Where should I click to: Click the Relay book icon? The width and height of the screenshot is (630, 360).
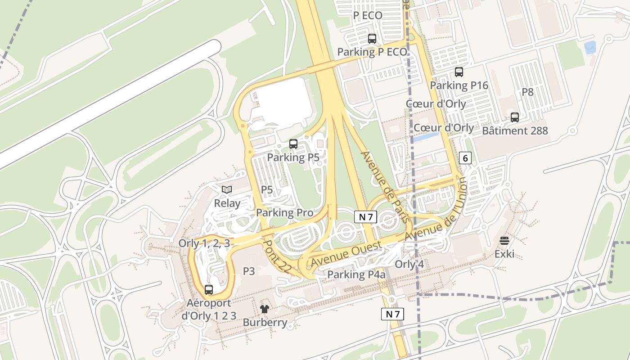227,190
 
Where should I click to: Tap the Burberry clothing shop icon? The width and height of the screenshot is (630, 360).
264,309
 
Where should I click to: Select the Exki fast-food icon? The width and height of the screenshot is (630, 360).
504,241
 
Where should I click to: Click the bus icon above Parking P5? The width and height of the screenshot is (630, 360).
293,144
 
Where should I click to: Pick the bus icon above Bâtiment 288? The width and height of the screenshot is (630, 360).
515,117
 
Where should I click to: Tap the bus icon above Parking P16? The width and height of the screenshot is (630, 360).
459,72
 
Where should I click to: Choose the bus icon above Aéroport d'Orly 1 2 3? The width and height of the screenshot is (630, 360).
209,289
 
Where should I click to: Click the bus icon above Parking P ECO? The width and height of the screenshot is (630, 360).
372,39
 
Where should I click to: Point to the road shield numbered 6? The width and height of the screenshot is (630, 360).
465,157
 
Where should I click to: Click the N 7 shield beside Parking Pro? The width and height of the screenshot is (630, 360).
365,217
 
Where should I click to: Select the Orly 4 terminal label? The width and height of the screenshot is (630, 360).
409,264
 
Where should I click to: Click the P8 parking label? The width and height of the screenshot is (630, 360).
527,92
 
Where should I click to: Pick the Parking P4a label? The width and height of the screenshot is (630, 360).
356,274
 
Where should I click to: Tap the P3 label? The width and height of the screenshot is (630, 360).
249,271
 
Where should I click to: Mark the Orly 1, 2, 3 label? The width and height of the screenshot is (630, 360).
204,243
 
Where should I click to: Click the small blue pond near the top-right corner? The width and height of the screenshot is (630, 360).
589,47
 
